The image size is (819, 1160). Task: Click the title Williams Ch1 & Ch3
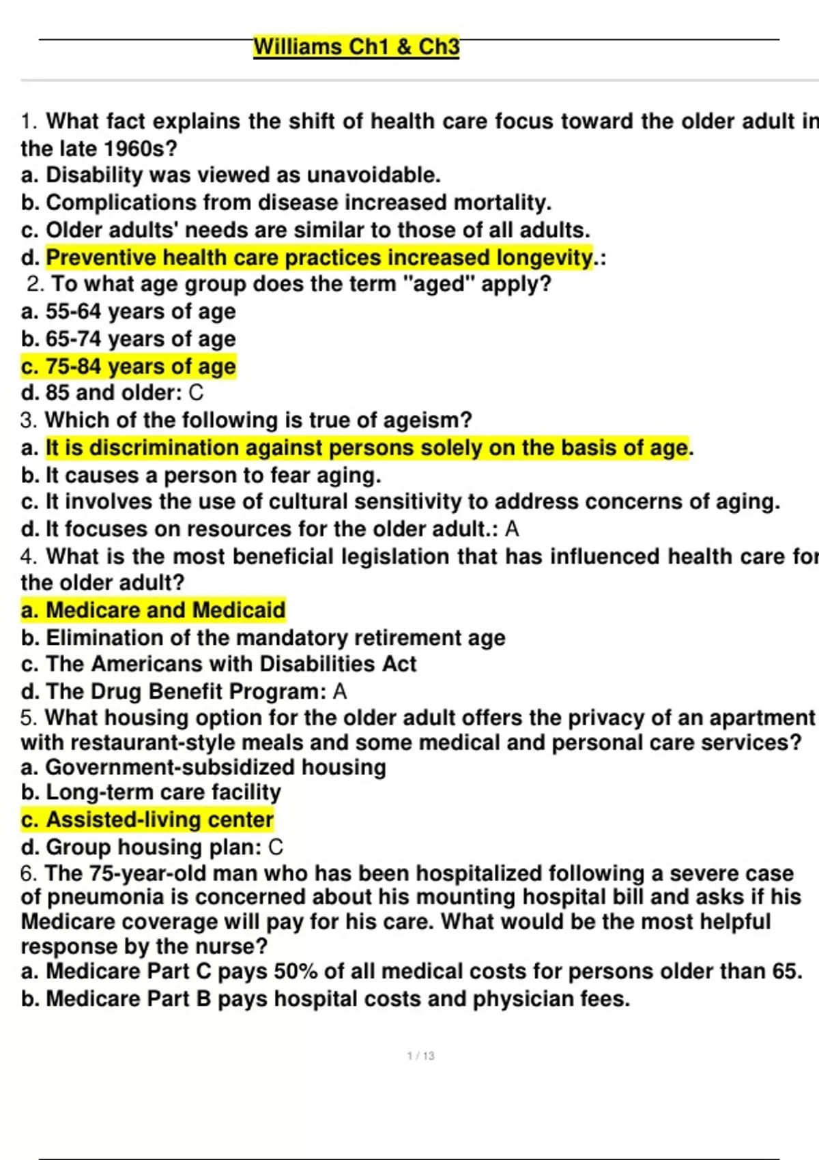pyautogui.click(x=356, y=47)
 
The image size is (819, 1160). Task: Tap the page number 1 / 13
pyautogui.click(x=420, y=1056)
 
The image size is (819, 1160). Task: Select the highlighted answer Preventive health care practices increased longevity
pyautogui.click(x=319, y=258)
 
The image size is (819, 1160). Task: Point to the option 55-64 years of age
pyautogui.click(x=140, y=312)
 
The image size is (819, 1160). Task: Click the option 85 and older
pyautogui.click(x=102, y=393)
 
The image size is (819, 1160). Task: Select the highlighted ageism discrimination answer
pyautogui.click(x=367, y=448)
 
